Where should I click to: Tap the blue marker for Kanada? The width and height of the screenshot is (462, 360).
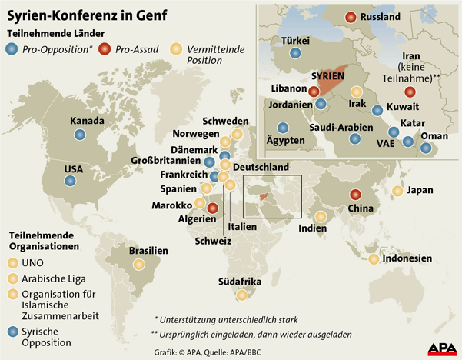[x=80, y=135]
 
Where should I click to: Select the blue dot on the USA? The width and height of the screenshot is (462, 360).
[x=70, y=182]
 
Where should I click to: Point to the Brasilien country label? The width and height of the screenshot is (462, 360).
[x=148, y=251]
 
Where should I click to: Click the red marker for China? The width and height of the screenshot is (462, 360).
[x=355, y=195]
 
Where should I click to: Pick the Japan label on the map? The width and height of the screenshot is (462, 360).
[x=420, y=190]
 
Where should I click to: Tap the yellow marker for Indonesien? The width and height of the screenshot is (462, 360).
[x=374, y=259]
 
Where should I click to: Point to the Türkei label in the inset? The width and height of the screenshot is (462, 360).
[x=296, y=40]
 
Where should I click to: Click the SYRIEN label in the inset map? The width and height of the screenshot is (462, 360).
[x=327, y=77]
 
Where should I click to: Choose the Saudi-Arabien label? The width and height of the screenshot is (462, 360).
[x=341, y=127]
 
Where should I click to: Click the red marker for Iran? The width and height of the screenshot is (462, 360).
[x=409, y=92]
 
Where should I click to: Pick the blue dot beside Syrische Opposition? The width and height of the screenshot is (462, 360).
[x=12, y=332]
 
